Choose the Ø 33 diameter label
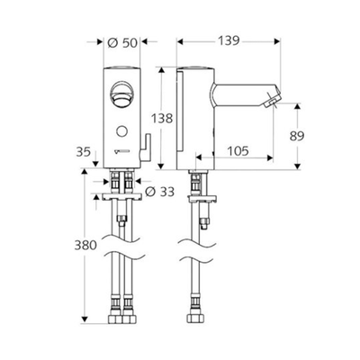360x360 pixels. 158,192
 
